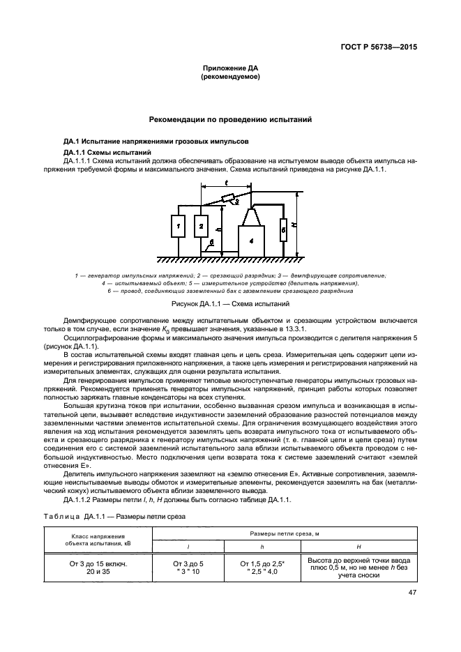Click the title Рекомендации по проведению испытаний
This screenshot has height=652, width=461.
pos(230,119)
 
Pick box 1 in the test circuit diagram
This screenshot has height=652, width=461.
pos(179,227)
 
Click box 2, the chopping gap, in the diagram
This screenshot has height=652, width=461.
pos(201,227)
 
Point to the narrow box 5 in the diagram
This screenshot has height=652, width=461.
pos(283,229)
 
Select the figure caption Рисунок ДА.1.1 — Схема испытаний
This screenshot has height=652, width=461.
pos(230,305)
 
